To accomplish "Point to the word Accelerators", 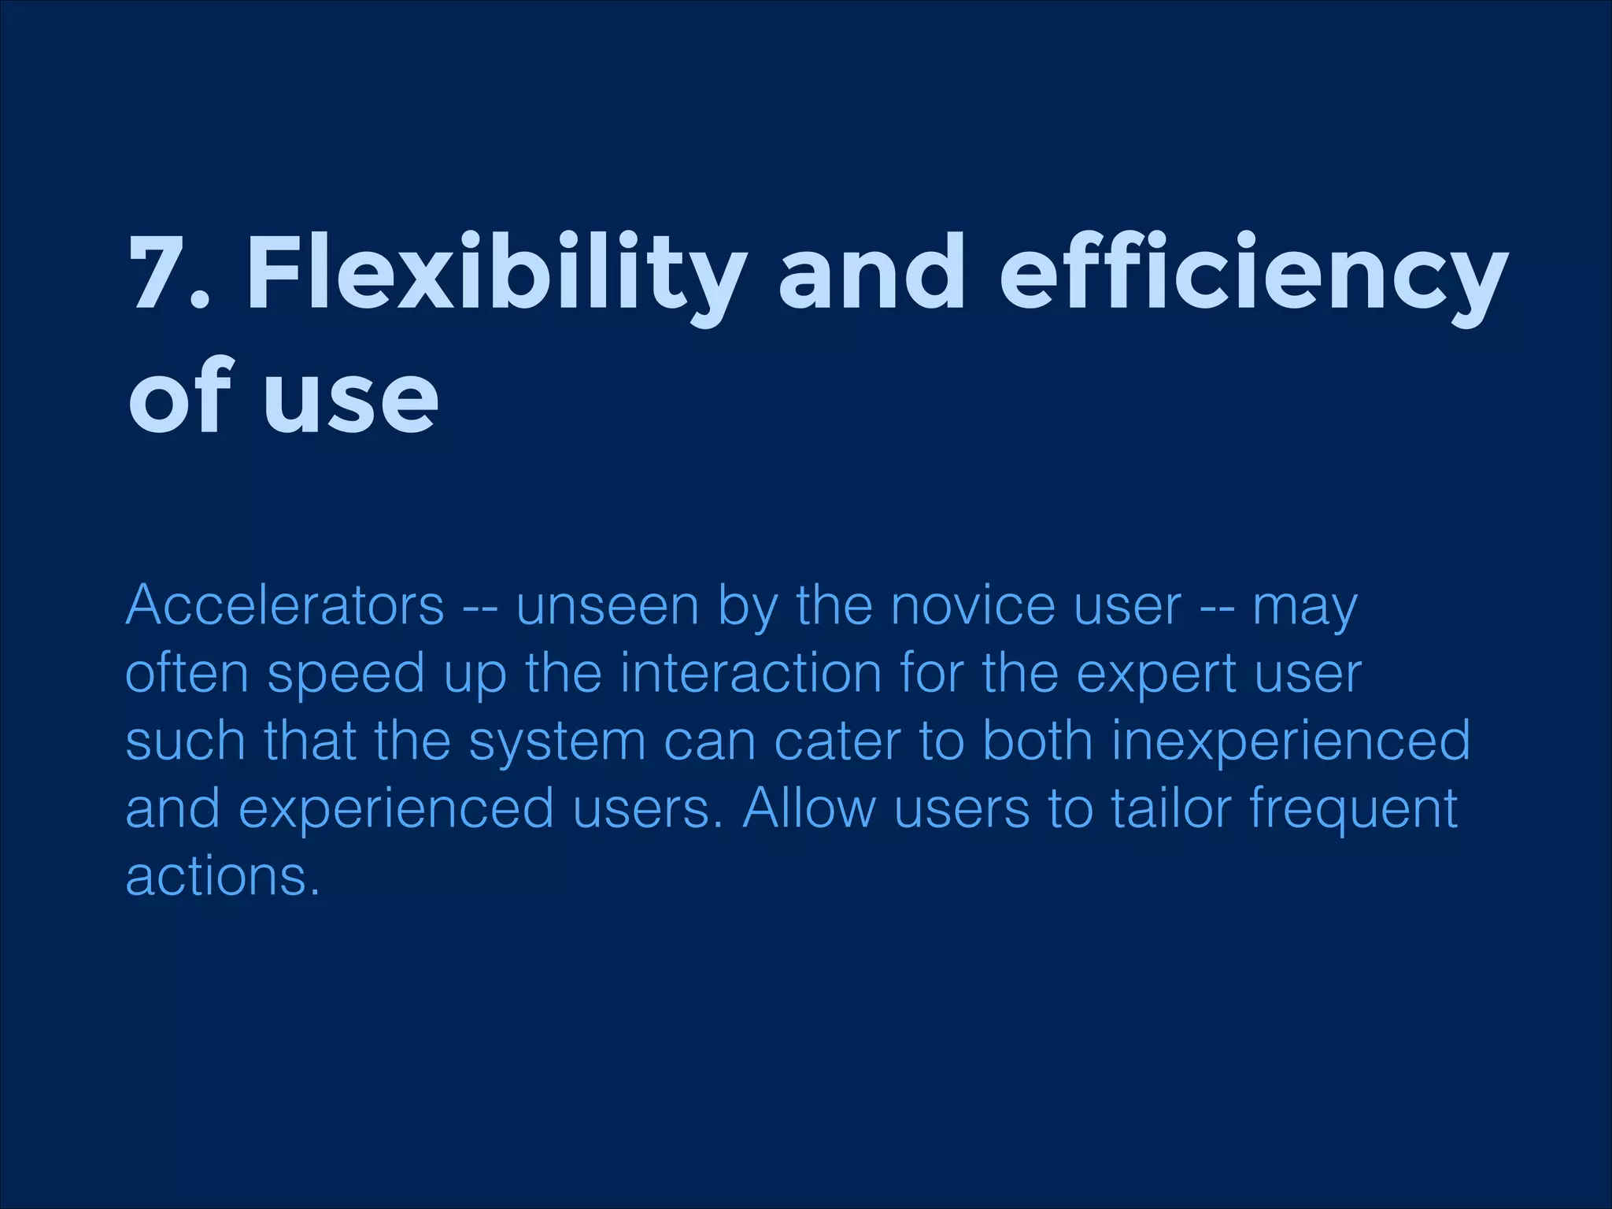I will (x=285, y=606).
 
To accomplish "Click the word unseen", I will (x=607, y=606).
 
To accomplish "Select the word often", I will (x=187, y=674).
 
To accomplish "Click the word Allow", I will (x=808, y=808).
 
